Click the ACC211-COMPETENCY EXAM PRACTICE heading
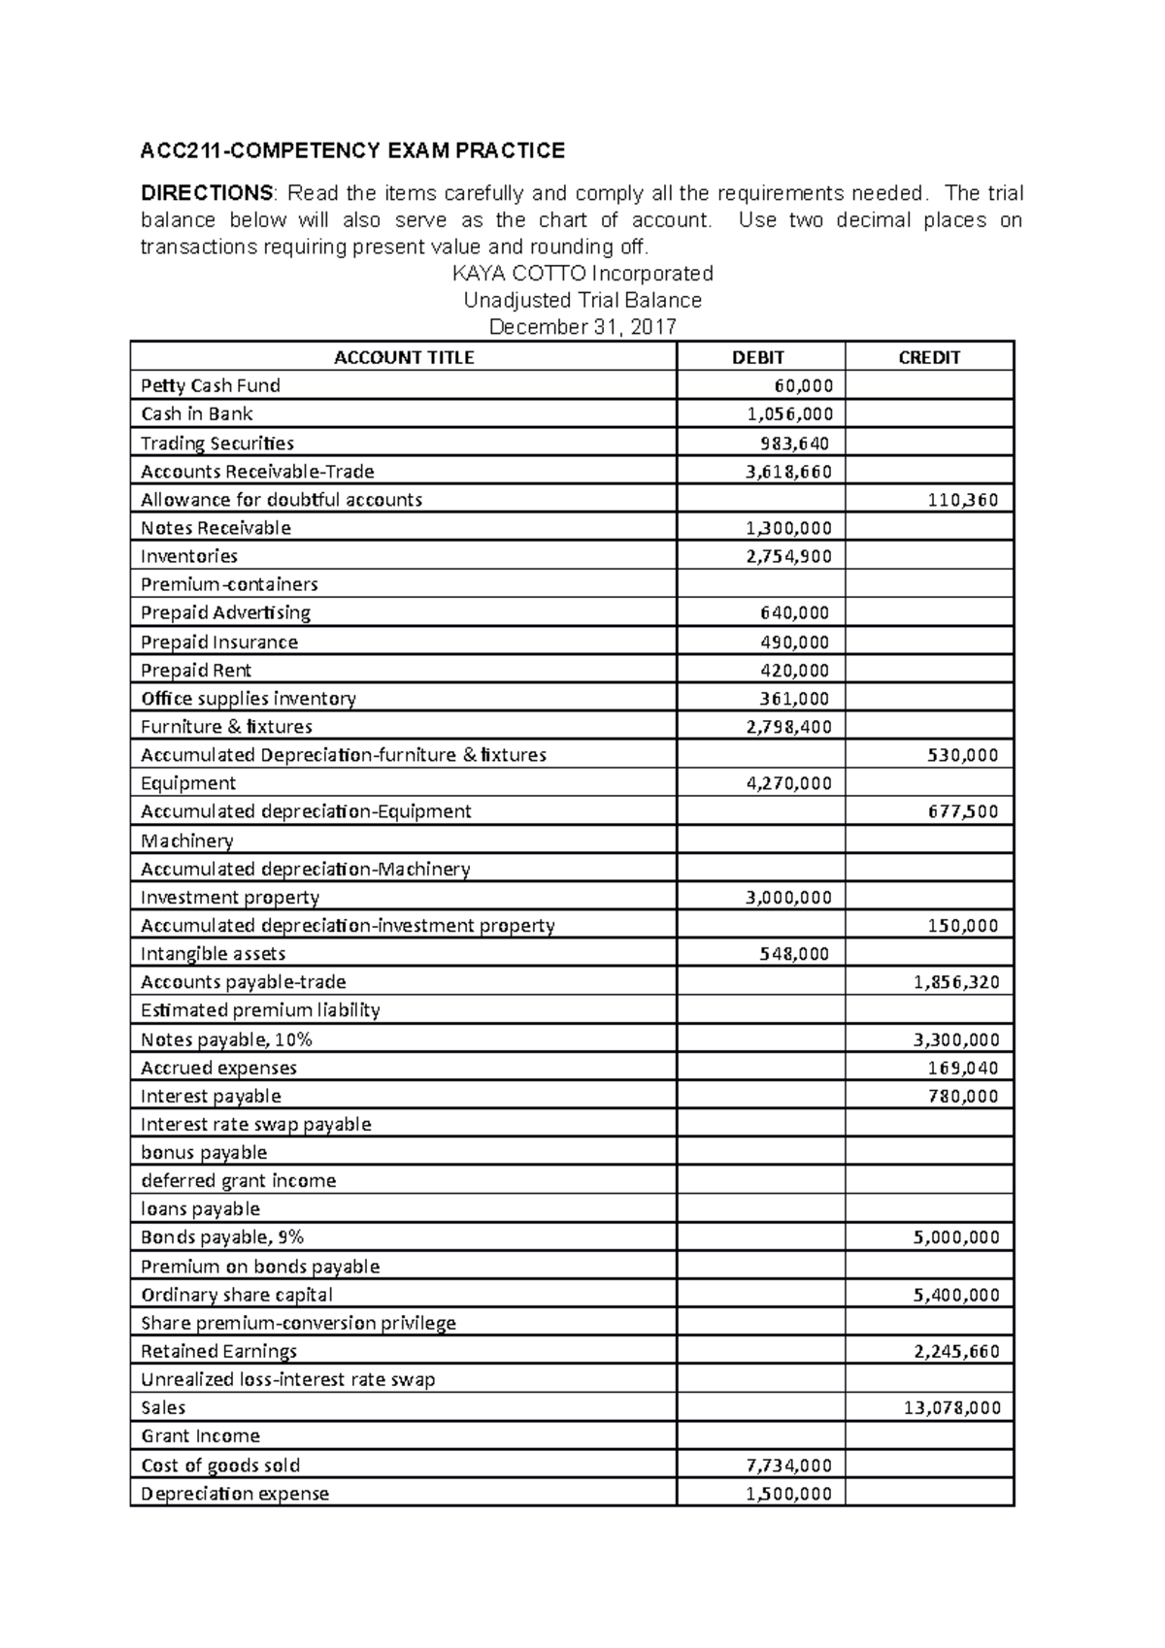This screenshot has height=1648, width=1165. click(x=352, y=150)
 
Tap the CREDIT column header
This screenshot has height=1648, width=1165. click(x=929, y=357)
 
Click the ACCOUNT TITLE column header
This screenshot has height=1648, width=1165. click(x=404, y=357)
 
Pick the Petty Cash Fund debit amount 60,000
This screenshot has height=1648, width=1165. click(x=803, y=385)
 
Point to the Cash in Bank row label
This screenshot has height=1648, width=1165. click(x=197, y=413)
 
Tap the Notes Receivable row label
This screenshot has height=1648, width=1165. click(x=216, y=528)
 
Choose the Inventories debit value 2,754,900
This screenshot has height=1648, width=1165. click(x=788, y=556)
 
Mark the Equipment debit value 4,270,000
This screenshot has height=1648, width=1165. click(x=788, y=783)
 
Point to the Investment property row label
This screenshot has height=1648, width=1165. click(x=230, y=897)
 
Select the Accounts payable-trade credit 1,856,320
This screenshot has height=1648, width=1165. click(x=956, y=982)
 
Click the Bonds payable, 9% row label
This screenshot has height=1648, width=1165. click(x=222, y=1237)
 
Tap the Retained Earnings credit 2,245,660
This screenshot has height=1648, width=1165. click(x=956, y=1351)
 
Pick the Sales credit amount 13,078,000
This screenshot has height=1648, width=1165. click(x=951, y=1407)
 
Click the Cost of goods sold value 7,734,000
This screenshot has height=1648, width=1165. click(x=788, y=1465)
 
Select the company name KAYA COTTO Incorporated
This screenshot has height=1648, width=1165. click(x=582, y=273)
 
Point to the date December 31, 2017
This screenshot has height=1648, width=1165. click(x=582, y=327)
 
